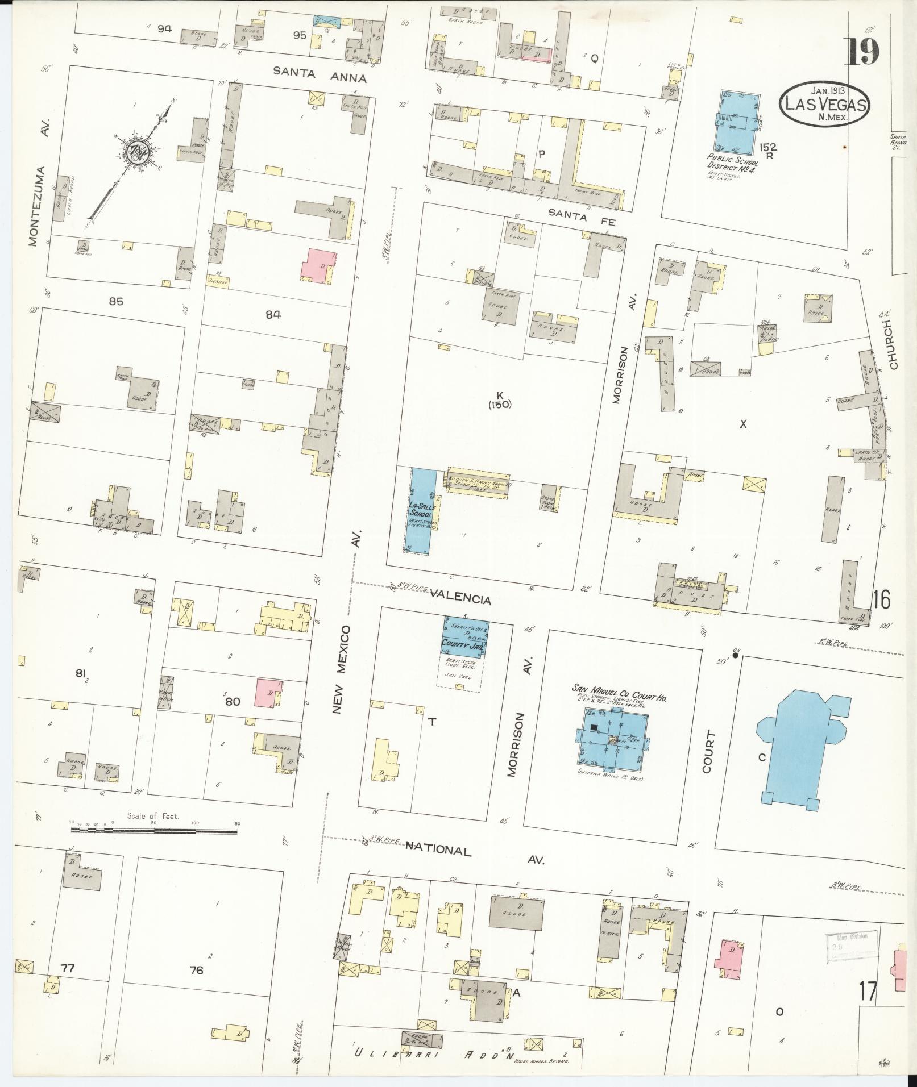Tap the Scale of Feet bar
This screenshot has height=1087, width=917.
click(x=153, y=830)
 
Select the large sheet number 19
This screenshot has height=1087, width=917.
click(x=863, y=53)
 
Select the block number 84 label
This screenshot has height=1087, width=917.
click(x=273, y=314)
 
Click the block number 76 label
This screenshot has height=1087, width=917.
click(x=197, y=971)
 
